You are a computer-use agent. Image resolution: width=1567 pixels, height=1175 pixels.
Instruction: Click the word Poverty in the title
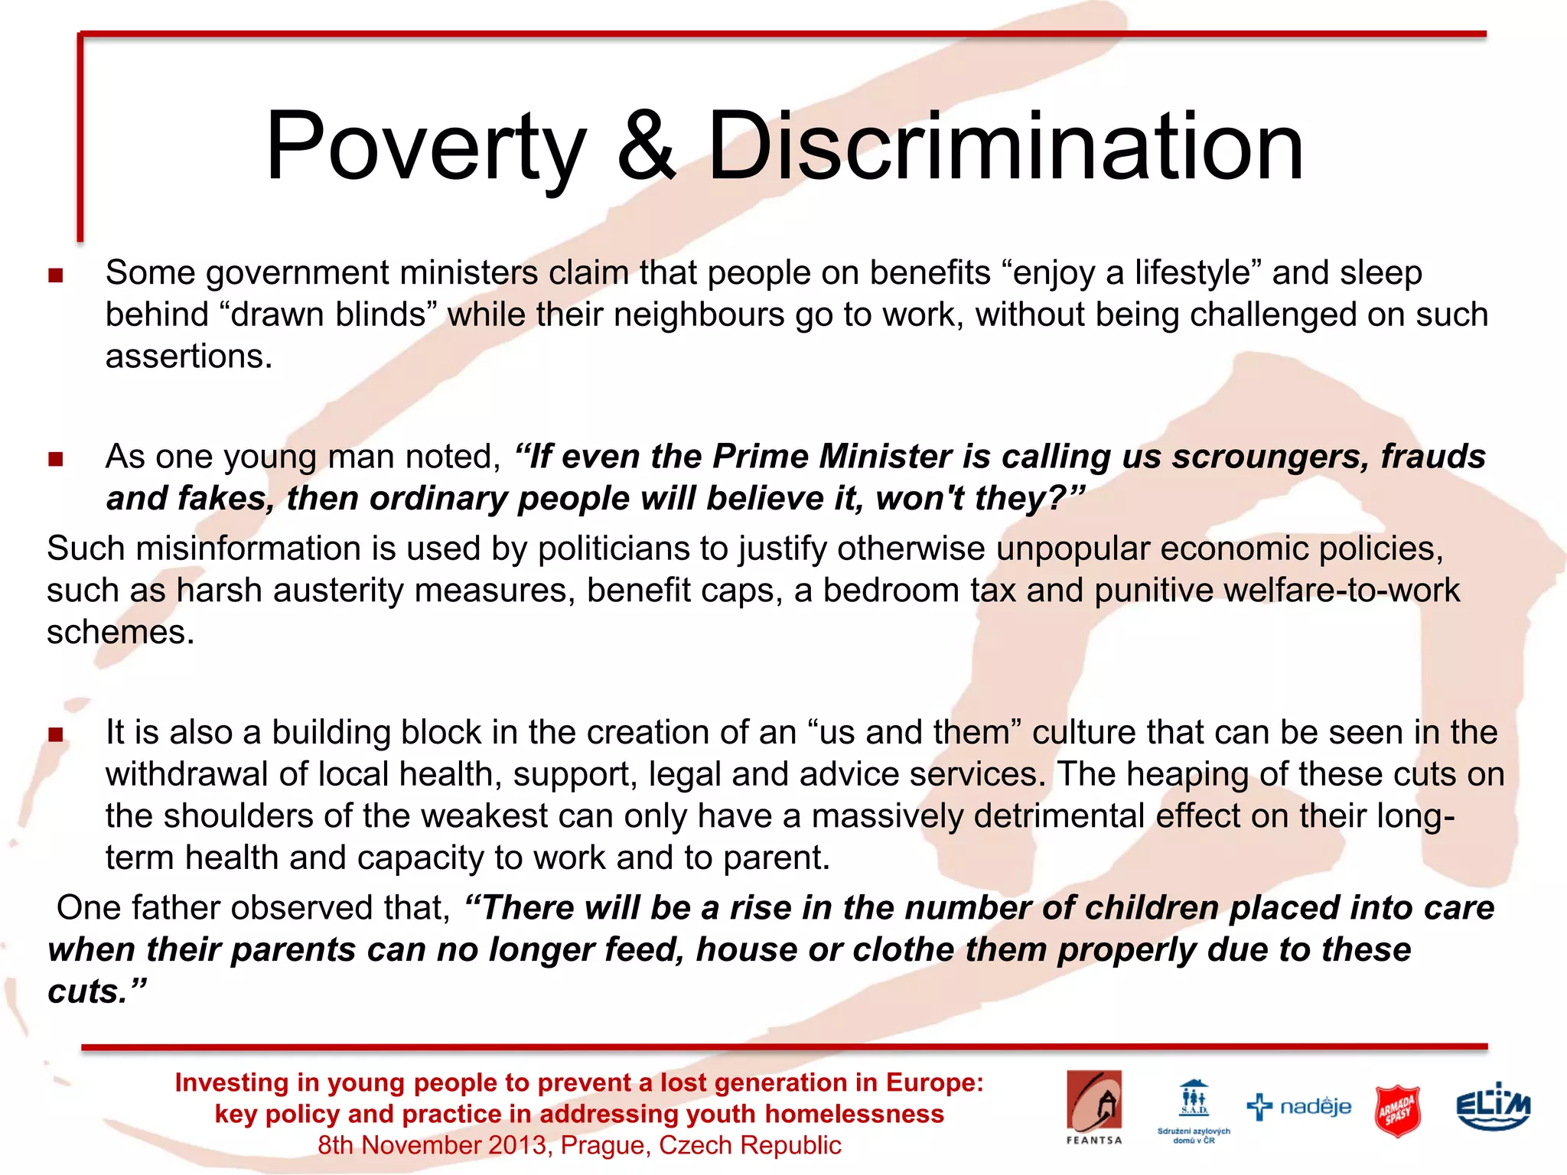[x=425, y=147]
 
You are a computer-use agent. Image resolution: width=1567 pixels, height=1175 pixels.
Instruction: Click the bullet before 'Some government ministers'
[x=55, y=275]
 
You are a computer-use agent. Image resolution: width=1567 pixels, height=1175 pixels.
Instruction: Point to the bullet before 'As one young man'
[x=55, y=459]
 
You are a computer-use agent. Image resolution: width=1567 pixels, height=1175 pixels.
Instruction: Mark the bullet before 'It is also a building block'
[x=55, y=735]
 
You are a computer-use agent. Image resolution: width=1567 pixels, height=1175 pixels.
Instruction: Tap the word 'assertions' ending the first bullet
[x=188, y=356]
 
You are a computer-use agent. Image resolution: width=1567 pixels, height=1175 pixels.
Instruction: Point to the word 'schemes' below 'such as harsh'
[x=120, y=633]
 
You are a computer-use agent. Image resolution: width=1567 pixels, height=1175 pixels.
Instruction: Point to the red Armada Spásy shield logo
[x=1397, y=1110]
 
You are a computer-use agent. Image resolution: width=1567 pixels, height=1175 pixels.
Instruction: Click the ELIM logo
[x=1493, y=1107]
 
